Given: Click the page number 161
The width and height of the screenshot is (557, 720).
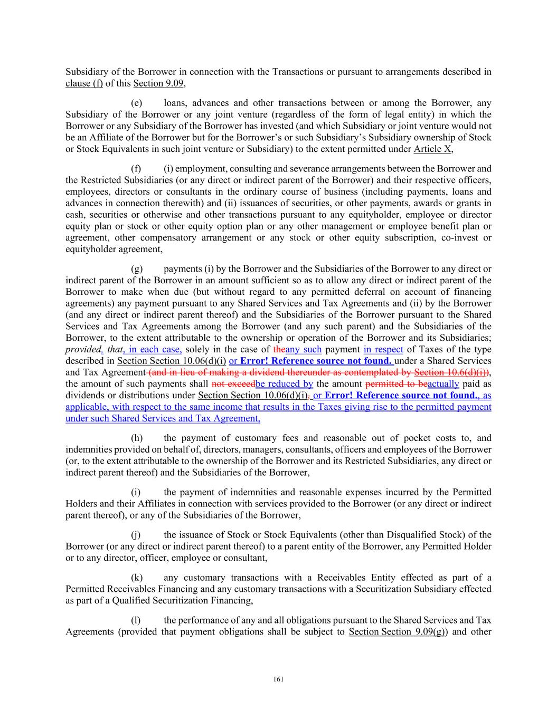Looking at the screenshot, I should point(278,679).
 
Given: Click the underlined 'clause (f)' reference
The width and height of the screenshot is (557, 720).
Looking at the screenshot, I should point(84,83).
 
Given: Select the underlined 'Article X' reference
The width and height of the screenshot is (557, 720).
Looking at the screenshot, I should point(433,149).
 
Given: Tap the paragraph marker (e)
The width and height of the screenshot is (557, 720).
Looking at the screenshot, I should point(136,103).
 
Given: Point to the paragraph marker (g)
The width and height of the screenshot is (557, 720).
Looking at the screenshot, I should point(137,269).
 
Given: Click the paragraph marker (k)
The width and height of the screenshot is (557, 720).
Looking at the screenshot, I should point(137,578).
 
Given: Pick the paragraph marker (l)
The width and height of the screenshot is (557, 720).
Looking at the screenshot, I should point(136,620).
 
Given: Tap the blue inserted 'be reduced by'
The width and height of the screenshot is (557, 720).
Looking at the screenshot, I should point(284,384).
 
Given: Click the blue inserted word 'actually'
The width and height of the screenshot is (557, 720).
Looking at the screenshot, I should point(443,384).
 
